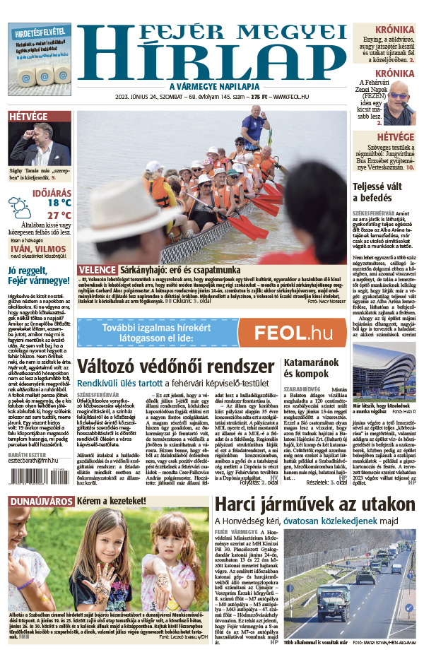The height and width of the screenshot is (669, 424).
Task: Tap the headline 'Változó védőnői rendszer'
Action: point(175,367)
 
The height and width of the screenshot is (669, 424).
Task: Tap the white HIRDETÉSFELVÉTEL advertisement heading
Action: point(40,32)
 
